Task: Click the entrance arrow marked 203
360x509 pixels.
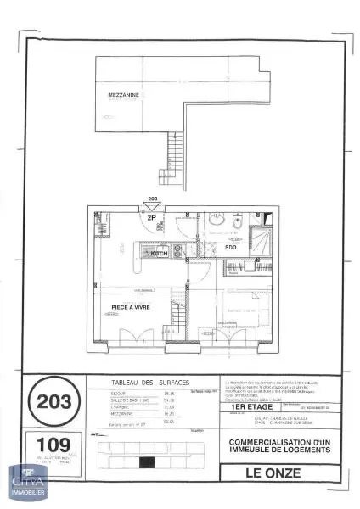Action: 153,206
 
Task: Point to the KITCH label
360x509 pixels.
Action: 159,254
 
